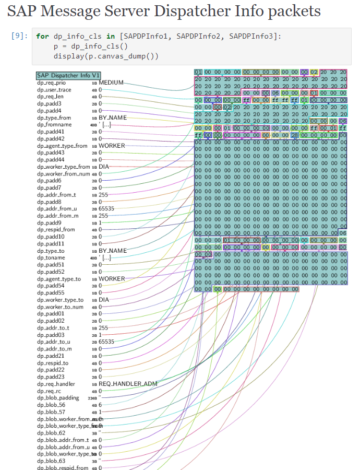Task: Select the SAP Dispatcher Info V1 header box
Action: pos(68,76)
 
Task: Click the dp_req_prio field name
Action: pos(51,83)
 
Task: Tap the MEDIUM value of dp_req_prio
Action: pos(111,83)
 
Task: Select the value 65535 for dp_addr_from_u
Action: pos(106,208)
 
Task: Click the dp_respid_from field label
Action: pos(56,229)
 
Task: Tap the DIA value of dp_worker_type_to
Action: pos(104,300)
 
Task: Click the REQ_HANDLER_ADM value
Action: pos(128,384)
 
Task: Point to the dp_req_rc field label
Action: pos(48,391)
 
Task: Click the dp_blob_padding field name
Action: pos(58,398)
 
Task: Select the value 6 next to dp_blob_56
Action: pos(100,405)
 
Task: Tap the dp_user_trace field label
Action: pos(54,90)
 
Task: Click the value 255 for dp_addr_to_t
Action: pos(103,327)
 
